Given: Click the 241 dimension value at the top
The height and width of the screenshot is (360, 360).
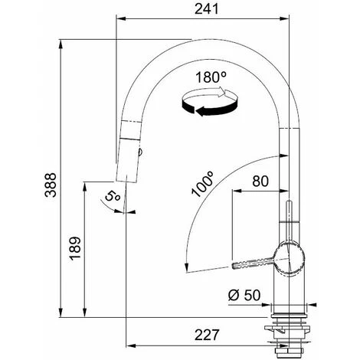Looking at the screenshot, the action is click(x=207, y=9).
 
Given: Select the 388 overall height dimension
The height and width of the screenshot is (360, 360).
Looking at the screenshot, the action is click(x=51, y=185).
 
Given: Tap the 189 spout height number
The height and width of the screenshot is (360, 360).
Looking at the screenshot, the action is click(x=75, y=249).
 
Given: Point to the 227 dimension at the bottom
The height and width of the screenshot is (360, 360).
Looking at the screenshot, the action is click(x=207, y=335).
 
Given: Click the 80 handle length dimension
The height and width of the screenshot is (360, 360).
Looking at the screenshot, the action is click(x=260, y=182).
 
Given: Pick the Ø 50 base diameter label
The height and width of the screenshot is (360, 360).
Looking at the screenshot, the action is click(x=244, y=296).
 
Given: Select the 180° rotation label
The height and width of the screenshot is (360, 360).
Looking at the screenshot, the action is click(x=211, y=77).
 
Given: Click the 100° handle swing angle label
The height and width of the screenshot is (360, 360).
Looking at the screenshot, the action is click(x=202, y=184).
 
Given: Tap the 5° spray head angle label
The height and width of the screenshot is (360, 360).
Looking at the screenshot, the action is click(x=112, y=197).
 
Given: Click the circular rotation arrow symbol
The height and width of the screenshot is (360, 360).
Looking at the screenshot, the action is click(x=209, y=102).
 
